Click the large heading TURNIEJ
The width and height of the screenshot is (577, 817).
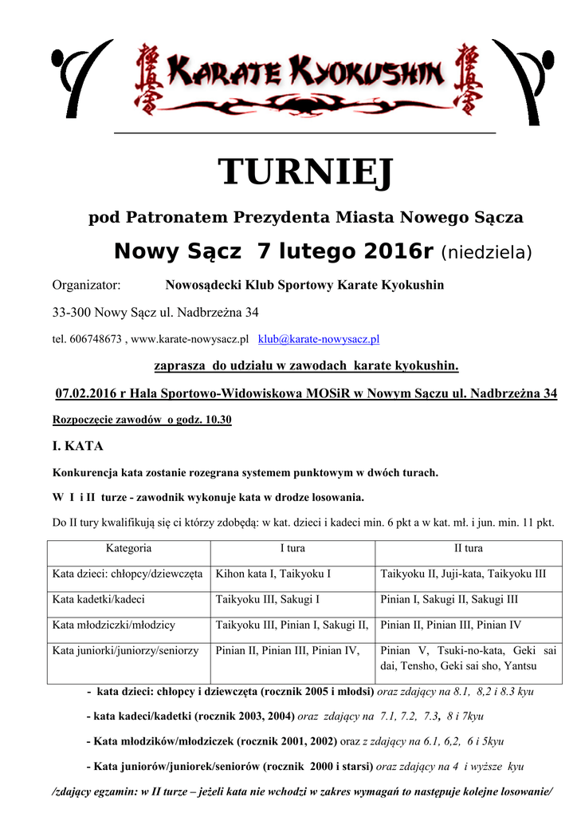point(306,172)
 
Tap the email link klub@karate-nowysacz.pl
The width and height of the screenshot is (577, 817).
point(319,339)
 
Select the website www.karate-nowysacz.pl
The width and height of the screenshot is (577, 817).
point(190,339)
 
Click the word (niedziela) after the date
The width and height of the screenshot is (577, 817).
point(486,253)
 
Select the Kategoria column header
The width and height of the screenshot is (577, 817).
point(128,549)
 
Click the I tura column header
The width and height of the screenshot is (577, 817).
point(292,549)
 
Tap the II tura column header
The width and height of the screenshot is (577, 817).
point(468,549)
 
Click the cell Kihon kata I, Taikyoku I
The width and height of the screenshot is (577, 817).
point(273,574)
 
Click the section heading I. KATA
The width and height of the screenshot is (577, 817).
point(77,446)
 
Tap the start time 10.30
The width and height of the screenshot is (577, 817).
point(217,420)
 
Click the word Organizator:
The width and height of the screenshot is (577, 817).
point(86,286)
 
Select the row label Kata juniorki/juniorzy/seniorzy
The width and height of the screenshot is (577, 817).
point(125,651)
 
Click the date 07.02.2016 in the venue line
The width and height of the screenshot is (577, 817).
point(84,394)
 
